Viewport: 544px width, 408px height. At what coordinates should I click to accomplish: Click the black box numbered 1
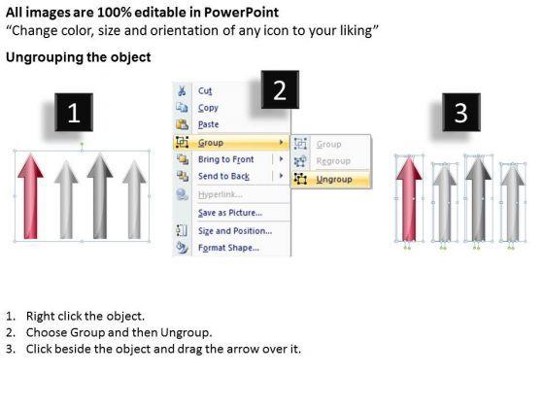point(74,112)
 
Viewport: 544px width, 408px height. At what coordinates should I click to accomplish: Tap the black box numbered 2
point(280,89)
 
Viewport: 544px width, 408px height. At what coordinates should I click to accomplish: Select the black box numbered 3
point(461,112)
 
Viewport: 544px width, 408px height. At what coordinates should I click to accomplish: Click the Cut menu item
point(205,91)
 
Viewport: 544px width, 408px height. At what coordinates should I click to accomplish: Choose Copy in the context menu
point(208,108)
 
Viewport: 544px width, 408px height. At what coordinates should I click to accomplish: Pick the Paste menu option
point(209,124)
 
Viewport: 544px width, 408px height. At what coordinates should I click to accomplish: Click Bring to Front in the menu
point(225,159)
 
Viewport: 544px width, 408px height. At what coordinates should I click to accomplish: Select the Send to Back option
point(223,176)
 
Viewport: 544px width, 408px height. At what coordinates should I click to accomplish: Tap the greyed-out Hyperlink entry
point(221,194)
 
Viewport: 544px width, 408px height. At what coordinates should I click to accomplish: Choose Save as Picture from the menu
point(230,213)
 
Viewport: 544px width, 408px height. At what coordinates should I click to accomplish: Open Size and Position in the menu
point(235,231)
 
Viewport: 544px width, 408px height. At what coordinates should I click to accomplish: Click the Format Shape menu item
point(228,248)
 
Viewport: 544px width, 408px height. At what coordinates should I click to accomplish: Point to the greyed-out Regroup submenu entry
point(333,161)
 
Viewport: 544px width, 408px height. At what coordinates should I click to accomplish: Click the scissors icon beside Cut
point(182,91)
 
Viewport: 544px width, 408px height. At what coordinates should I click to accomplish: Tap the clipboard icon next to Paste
point(182,124)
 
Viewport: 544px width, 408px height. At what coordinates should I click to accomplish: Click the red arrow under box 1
point(30,196)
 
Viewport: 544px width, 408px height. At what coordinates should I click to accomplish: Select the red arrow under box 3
point(409,199)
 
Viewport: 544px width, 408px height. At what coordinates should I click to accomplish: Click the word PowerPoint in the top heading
point(241,13)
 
